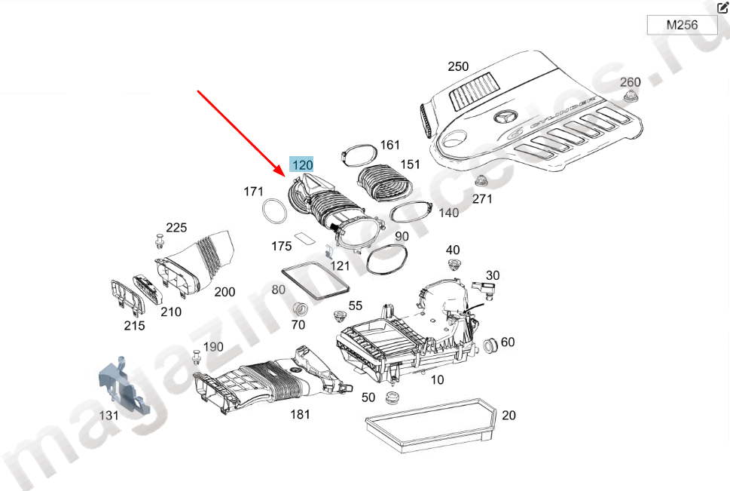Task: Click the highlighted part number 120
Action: point(301,165)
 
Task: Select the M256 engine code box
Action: point(682,25)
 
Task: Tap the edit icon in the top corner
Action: point(722,8)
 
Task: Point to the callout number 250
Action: point(458,66)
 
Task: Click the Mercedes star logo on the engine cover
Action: point(504,118)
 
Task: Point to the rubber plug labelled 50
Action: point(390,397)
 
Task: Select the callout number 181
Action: point(301,414)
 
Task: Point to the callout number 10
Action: point(437,379)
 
